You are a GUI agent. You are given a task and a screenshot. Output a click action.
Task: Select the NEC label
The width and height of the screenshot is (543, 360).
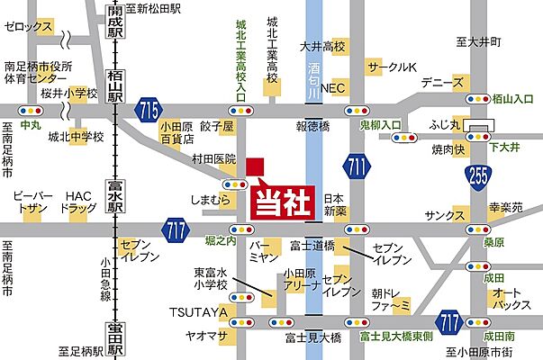333,88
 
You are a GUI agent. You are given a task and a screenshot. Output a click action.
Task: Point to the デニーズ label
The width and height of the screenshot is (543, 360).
447,82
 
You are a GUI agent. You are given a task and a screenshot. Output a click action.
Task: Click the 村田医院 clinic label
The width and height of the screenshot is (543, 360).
213,158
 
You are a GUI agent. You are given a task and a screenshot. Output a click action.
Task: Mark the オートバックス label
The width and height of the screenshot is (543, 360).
509,301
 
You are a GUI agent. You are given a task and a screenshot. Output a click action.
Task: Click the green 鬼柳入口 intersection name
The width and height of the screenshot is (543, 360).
379,125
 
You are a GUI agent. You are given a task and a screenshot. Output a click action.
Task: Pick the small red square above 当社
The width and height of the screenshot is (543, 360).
255,166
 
